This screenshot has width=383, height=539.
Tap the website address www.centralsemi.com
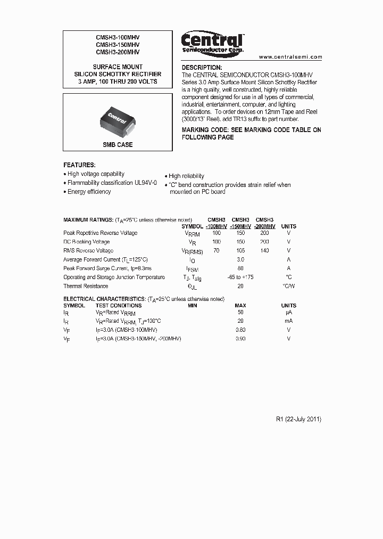coord(290,56)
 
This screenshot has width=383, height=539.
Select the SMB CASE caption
coord(118,145)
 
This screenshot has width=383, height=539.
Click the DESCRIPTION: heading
coord(202,68)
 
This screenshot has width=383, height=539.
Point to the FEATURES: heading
coord(79,165)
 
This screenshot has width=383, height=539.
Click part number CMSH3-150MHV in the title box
coord(118,45)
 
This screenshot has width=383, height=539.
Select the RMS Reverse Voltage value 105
coord(240,250)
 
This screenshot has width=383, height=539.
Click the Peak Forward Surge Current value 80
coord(240,268)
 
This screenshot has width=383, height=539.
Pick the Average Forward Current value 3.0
coord(240,259)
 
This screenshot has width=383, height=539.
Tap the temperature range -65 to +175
coord(240,277)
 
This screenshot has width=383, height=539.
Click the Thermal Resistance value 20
coord(240,286)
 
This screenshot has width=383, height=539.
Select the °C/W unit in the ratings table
coord(289,286)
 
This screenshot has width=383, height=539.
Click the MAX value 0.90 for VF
coord(240,339)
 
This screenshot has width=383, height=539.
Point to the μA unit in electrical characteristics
coord(289,313)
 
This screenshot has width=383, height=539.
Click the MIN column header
coord(193,306)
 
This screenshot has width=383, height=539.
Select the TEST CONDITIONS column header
coord(119,306)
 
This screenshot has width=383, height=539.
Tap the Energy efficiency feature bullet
coord(89,192)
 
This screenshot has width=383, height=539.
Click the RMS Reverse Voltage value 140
coord(264,250)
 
